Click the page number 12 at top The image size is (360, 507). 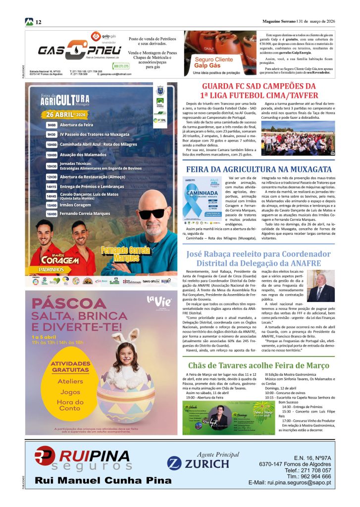click(38, 22)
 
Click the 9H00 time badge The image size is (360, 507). click(51, 125)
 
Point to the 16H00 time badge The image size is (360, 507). click(51, 214)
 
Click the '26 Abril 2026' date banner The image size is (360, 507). click(66, 114)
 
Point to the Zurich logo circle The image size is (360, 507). click(173, 463)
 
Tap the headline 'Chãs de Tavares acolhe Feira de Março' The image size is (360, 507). click(259, 365)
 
